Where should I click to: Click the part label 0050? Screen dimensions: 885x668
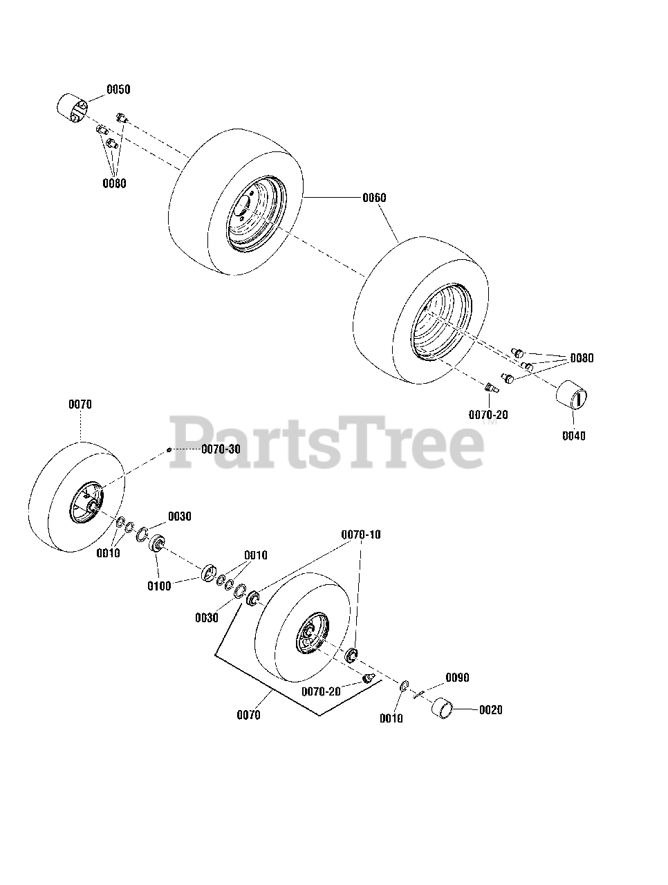click(x=118, y=90)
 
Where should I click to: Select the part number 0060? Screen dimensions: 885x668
click(x=374, y=198)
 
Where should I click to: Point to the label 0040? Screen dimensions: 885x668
click(x=573, y=436)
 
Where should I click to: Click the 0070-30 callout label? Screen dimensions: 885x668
click(x=221, y=449)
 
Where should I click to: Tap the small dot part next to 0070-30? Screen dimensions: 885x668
click(x=169, y=449)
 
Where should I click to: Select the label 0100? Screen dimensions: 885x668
click(x=160, y=586)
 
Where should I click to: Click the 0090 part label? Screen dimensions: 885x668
click(x=457, y=678)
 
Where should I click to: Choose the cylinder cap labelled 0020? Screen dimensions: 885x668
click(x=443, y=708)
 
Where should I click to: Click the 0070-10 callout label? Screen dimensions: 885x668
click(x=361, y=535)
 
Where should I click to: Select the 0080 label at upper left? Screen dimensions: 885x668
click(x=115, y=183)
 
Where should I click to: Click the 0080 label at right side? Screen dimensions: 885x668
click(x=581, y=358)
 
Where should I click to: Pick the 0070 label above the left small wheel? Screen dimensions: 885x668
click(x=80, y=404)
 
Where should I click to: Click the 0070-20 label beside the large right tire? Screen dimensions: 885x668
click(x=488, y=415)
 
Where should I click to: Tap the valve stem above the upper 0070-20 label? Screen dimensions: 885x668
click(x=492, y=387)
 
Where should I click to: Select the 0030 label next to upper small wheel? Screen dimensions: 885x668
click(x=180, y=516)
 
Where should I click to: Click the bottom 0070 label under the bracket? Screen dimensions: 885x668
click(x=248, y=715)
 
